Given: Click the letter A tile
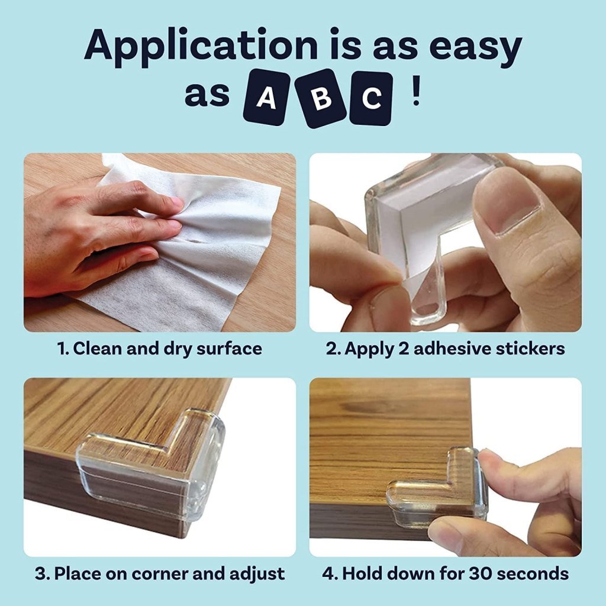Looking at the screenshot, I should pos(266,98).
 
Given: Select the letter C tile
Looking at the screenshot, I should pos(371,98).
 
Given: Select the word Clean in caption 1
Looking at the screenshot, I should pos(97,349).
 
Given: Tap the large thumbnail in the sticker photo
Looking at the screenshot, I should pos(509,201).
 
